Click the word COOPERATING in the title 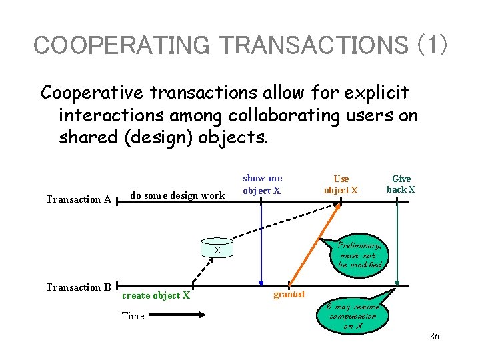coord(121,45)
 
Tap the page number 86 coord(434,337)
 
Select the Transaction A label coord(78,199)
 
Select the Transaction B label coord(78,287)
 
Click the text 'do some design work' coord(177,195)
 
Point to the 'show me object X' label coord(262,185)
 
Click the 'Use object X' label coord(341,185)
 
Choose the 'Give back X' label coord(401,184)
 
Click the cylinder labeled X coord(217,250)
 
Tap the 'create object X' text coord(156,295)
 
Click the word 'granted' coord(289,295)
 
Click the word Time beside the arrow coord(133,316)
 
